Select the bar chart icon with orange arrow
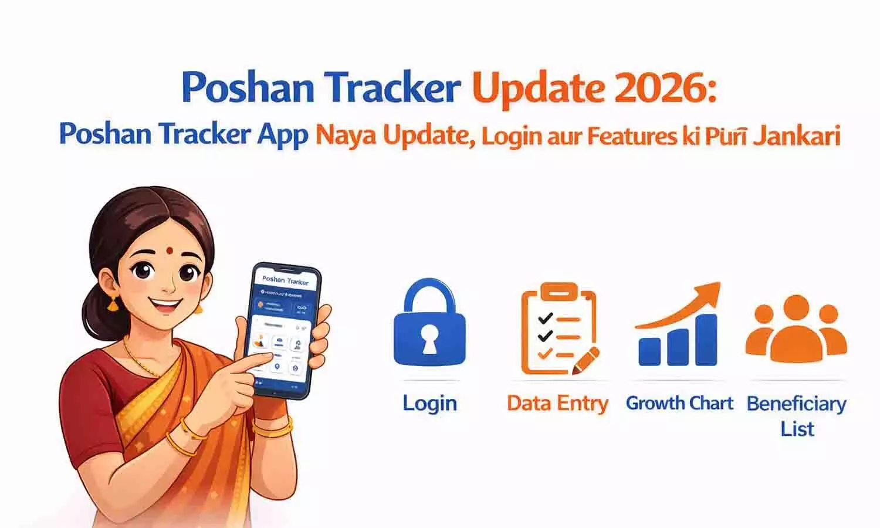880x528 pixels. tap(678, 329)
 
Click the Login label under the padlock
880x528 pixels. tap(429, 404)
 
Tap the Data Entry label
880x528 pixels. tap(557, 404)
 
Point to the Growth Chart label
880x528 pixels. tap(679, 404)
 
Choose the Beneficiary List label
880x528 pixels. tap(797, 415)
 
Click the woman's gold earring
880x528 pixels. tap(112, 303)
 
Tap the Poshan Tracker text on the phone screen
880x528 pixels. tap(285, 280)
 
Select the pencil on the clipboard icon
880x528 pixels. tap(587, 361)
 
